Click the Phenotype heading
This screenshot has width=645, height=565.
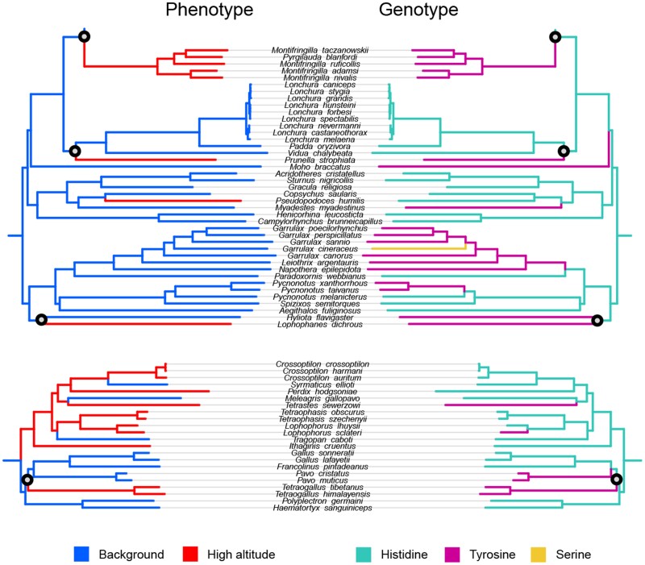click(x=209, y=10)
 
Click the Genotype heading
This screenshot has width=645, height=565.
click(x=420, y=10)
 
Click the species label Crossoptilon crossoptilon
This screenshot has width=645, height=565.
click(x=322, y=364)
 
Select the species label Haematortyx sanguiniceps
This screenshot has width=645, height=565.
click(x=322, y=508)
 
